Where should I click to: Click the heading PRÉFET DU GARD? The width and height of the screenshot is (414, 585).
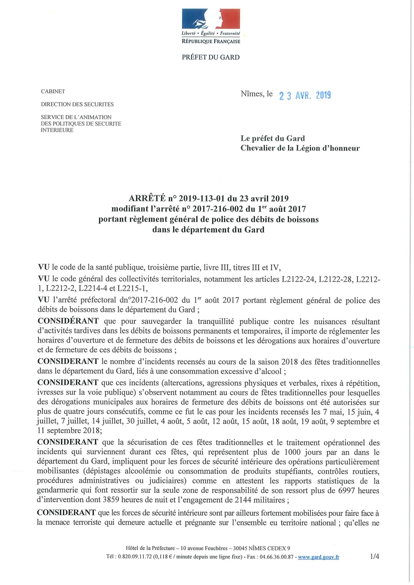tap(211, 57)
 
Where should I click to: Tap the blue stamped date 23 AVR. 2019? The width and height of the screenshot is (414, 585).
tap(305, 95)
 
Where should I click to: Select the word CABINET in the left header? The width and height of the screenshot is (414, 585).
tap(53, 91)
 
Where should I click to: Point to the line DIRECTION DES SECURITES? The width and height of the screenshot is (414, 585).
tap(77, 104)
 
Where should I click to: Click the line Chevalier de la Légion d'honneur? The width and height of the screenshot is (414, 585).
tap(300, 148)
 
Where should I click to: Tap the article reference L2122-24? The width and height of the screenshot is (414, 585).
tap(298, 279)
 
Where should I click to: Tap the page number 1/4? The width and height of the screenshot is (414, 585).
tap(375, 557)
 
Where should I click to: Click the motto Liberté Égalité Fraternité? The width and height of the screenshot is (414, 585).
tap(211, 34)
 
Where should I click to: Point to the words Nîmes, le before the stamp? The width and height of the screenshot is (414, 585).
tap(257, 94)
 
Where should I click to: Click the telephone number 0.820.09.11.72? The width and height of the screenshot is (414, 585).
tap(133, 557)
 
